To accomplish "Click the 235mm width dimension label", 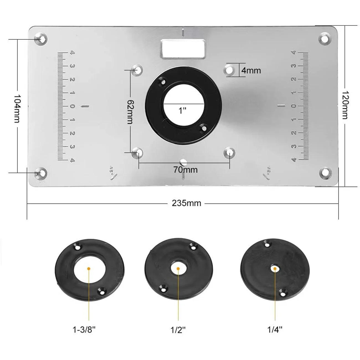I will coord(186,203).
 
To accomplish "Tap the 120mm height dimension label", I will coord(345,105).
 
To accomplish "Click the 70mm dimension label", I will coord(185,169).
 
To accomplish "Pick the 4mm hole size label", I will coord(251,70).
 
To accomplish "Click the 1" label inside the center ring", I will coord(182,111).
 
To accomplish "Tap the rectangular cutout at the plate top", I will coord(183,49).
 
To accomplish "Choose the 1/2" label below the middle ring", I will coord(178,330).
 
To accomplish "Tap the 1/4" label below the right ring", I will coord(274,329).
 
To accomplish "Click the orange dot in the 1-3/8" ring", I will coord(89,268).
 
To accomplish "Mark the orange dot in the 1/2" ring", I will coord(178,269).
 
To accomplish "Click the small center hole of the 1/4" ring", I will coord(275,268).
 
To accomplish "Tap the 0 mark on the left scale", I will coord(72,106).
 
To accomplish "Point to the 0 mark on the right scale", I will coord(294,106).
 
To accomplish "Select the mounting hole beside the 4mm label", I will coord(229,70).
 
